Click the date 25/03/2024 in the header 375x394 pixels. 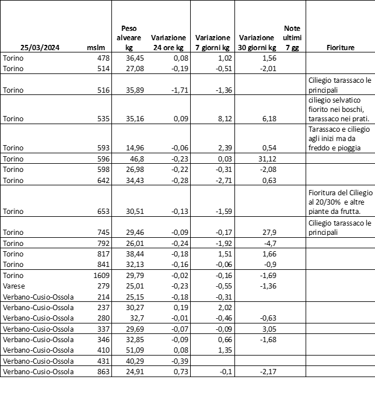pos(38,47)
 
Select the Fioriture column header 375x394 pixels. pos(341,47)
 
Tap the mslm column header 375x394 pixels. pos(94,47)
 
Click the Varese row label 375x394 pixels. pos(13,286)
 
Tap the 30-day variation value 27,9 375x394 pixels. pos(268,233)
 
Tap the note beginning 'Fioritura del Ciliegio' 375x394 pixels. pos(339,202)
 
